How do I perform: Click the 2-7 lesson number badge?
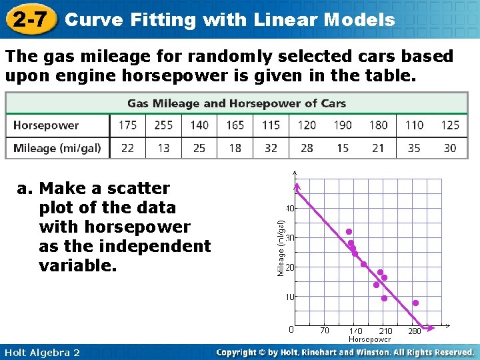click(x=29, y=19)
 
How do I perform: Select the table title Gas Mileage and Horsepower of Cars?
click(x=237, y=103)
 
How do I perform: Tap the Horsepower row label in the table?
click(x=45, y=125)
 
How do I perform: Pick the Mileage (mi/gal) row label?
click(x=57, y=148)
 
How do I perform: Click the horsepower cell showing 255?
click(x=163, y=125)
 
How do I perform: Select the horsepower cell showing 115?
click(x=271, y=125)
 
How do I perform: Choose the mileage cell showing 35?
click(x=414, y=148)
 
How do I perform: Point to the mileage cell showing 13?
click(x=163, y=148)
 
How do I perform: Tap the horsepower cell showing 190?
click(x=342, y=125)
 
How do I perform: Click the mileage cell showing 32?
click(x=271, y=148)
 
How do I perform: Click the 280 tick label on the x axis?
click(x=415, y=330)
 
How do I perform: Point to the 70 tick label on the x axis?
click(x=324, y=330)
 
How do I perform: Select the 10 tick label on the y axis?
click(x=291, y=297)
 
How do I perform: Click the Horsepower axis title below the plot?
click(x=369, y=339)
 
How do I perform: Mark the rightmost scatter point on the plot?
click(x=415, y=303)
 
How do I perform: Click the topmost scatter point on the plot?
click(x=349, y=231)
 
